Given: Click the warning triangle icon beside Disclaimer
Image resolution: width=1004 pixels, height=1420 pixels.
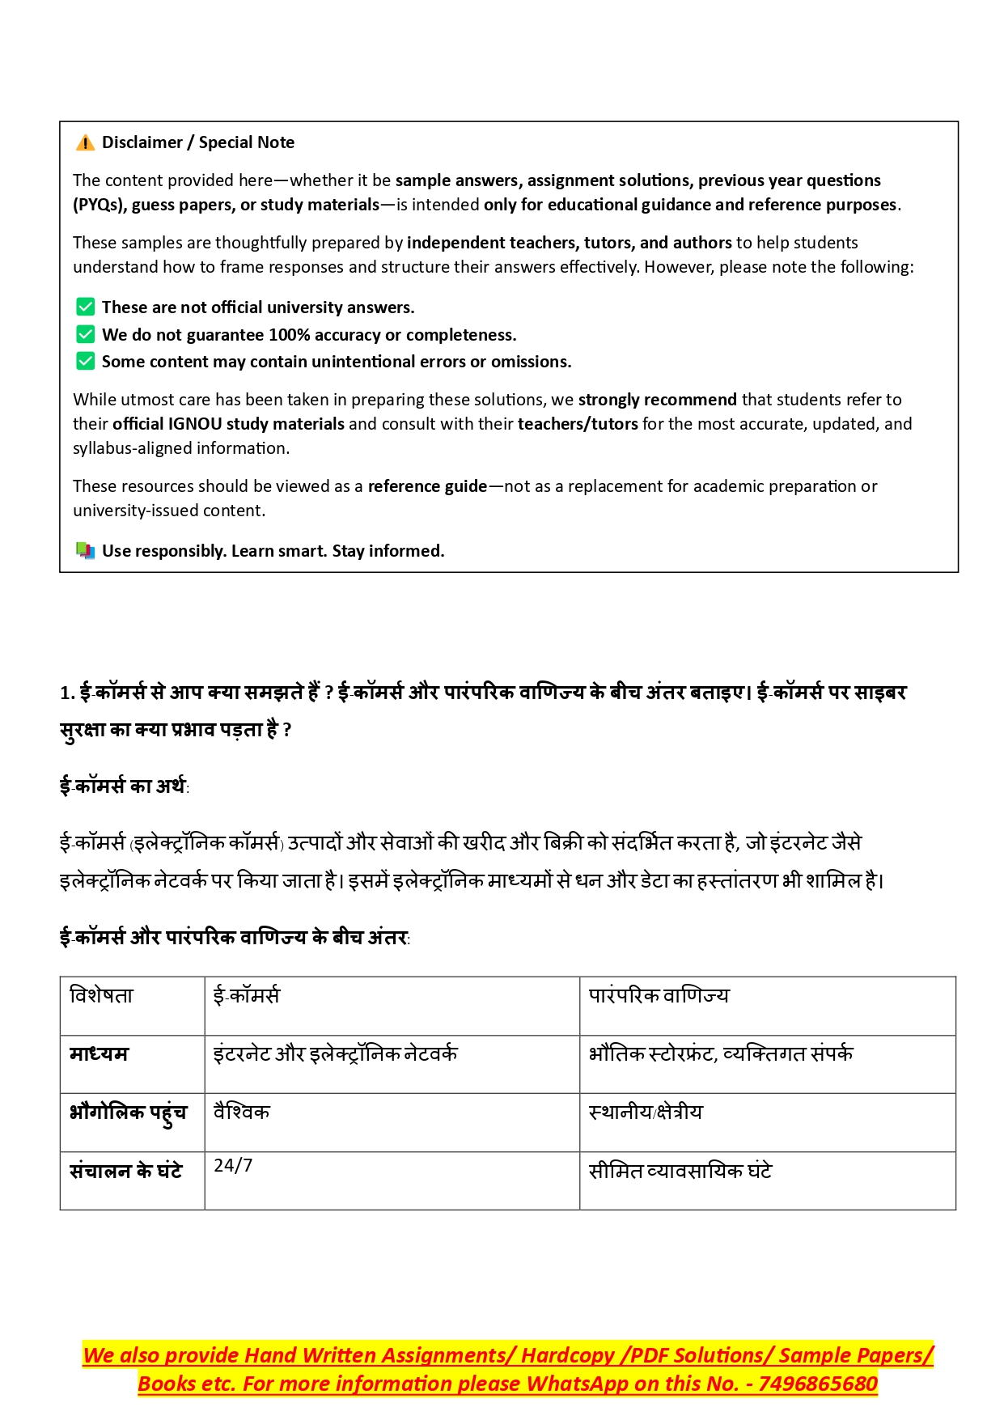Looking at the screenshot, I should click(85, 143).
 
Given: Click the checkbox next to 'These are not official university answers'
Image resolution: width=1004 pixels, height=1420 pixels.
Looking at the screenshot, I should click(85, 307).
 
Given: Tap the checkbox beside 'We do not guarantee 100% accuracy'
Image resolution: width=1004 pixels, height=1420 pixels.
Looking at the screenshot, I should click(85, 334).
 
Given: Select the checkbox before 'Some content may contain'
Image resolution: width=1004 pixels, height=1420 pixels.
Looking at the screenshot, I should click(85, 361).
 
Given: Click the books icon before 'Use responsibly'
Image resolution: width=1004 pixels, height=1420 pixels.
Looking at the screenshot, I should click(85, 551).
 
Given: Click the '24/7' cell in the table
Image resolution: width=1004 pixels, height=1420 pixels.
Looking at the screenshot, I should click(233, 1165).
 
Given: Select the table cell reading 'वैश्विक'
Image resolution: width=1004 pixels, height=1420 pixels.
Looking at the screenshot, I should click(241, 1113).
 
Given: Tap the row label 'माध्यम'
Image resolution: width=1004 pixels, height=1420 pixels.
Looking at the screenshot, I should click(99, 1053).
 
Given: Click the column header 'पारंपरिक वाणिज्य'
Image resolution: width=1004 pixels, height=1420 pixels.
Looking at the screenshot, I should click(659, 995).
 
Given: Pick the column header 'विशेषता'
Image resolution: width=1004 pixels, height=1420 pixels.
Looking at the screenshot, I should click(101, 995).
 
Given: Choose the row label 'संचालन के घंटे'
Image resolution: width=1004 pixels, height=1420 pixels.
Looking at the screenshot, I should click(125, 1171).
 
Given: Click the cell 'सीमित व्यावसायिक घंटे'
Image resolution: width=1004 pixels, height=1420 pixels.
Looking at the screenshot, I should click(680, 1171).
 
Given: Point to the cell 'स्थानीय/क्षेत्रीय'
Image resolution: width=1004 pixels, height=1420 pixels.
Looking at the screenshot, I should click(646, 1113).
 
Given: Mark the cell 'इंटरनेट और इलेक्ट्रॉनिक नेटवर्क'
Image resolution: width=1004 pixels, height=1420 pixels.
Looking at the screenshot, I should click(335, 1053).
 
